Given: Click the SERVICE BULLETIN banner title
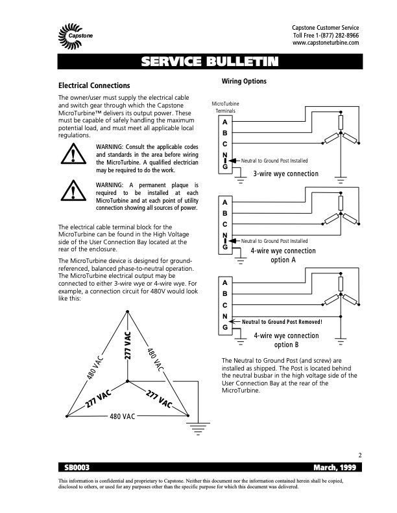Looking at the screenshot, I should click(210, 62).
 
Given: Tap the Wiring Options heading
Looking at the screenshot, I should click(244, 81).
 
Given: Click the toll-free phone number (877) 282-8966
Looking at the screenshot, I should click(337, 35).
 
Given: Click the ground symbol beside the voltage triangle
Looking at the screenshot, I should click(194, 426).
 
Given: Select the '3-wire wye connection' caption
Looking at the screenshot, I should click(285, 174).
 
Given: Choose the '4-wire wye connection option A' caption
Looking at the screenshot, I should click(283, 255).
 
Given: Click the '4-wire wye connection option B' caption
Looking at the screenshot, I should click(286, 339).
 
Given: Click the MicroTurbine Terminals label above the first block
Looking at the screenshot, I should click(225, 107).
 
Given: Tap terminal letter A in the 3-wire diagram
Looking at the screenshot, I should click(224, 123).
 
